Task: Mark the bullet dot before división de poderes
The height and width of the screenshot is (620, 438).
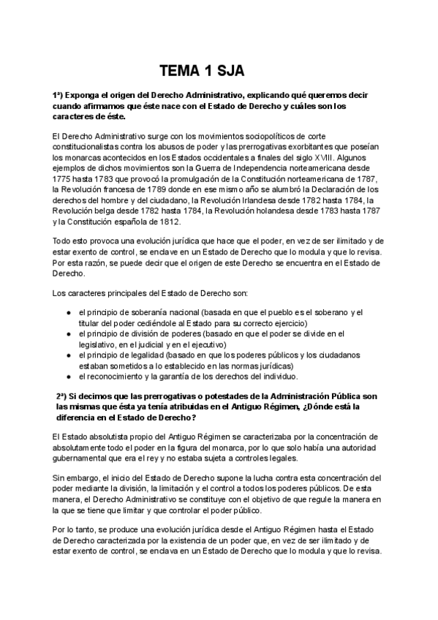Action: tap(67, 333)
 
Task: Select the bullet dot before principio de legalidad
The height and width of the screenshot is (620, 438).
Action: tap(67, 355)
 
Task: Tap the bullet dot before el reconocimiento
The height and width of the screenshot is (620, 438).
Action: tap(67, 376)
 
